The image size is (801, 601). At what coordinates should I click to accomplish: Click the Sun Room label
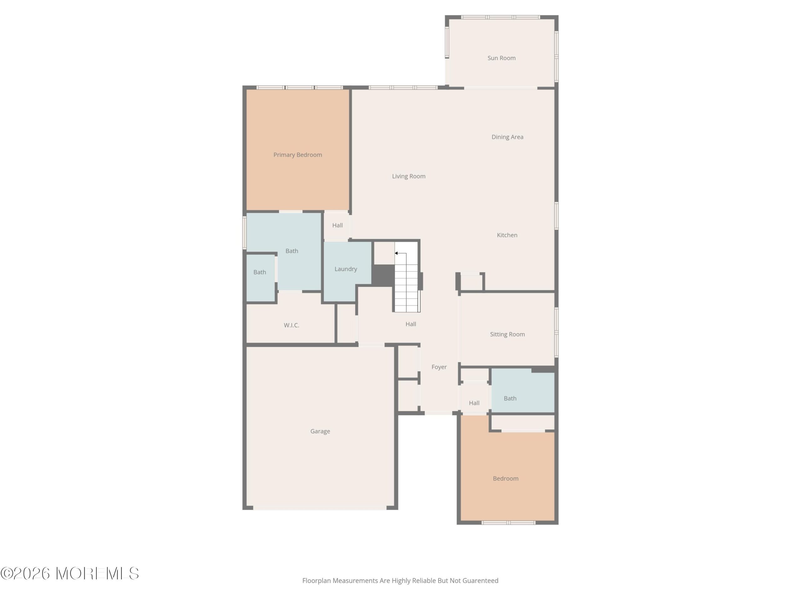pyautogui.click(x=501, y=58)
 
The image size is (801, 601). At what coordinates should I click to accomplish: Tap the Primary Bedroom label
pyautogui.click(x=298, y=155)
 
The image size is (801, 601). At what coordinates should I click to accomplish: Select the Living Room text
pyautogui.click(x=408, y=176)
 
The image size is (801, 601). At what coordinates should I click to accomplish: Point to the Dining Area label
pyautogui.click(x=507, y=137)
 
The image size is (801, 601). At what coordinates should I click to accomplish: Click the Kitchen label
pyautogui.click(x=507, y=235)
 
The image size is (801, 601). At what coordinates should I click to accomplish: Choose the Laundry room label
pyautogui.click(x=346, y=269)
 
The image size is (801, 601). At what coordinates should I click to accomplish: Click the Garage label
pyautogui.click(x=320, y=431)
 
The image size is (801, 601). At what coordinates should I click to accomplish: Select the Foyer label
pyautogui.click(x=439, y=367)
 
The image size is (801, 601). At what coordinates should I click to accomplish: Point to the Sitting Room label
pyautogui.click(x=507, y=334)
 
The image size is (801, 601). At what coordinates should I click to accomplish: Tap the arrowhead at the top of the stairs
pyautogui.click(x=396, y=253)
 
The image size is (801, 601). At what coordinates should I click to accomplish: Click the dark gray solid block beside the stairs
pyautogui.click(x=383, y=275)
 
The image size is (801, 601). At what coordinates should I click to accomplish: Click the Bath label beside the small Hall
pyautogui.click(x=510, y=398)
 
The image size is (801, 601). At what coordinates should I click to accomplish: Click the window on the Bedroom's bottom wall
pyautogui.click(x=508, y=522)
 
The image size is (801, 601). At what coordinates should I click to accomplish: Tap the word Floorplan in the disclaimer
pyautogui.click(x=317, y=580)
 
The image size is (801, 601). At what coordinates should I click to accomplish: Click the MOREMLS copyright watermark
pyautogui.click(x=69, y=573)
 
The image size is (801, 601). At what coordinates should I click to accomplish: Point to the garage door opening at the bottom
pyautogui.click(x=320, y=508)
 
